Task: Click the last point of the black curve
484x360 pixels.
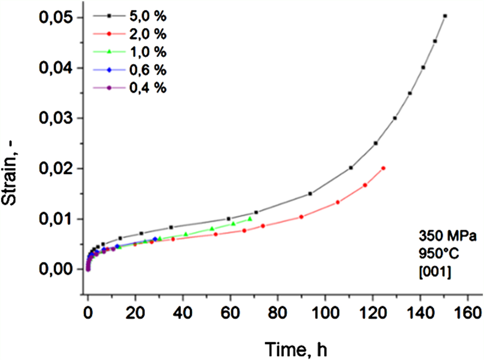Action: point(445,16)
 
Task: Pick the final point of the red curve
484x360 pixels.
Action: point(383,168)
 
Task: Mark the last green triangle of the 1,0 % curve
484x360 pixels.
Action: point(250,219)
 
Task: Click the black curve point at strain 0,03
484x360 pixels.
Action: point(395,118)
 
